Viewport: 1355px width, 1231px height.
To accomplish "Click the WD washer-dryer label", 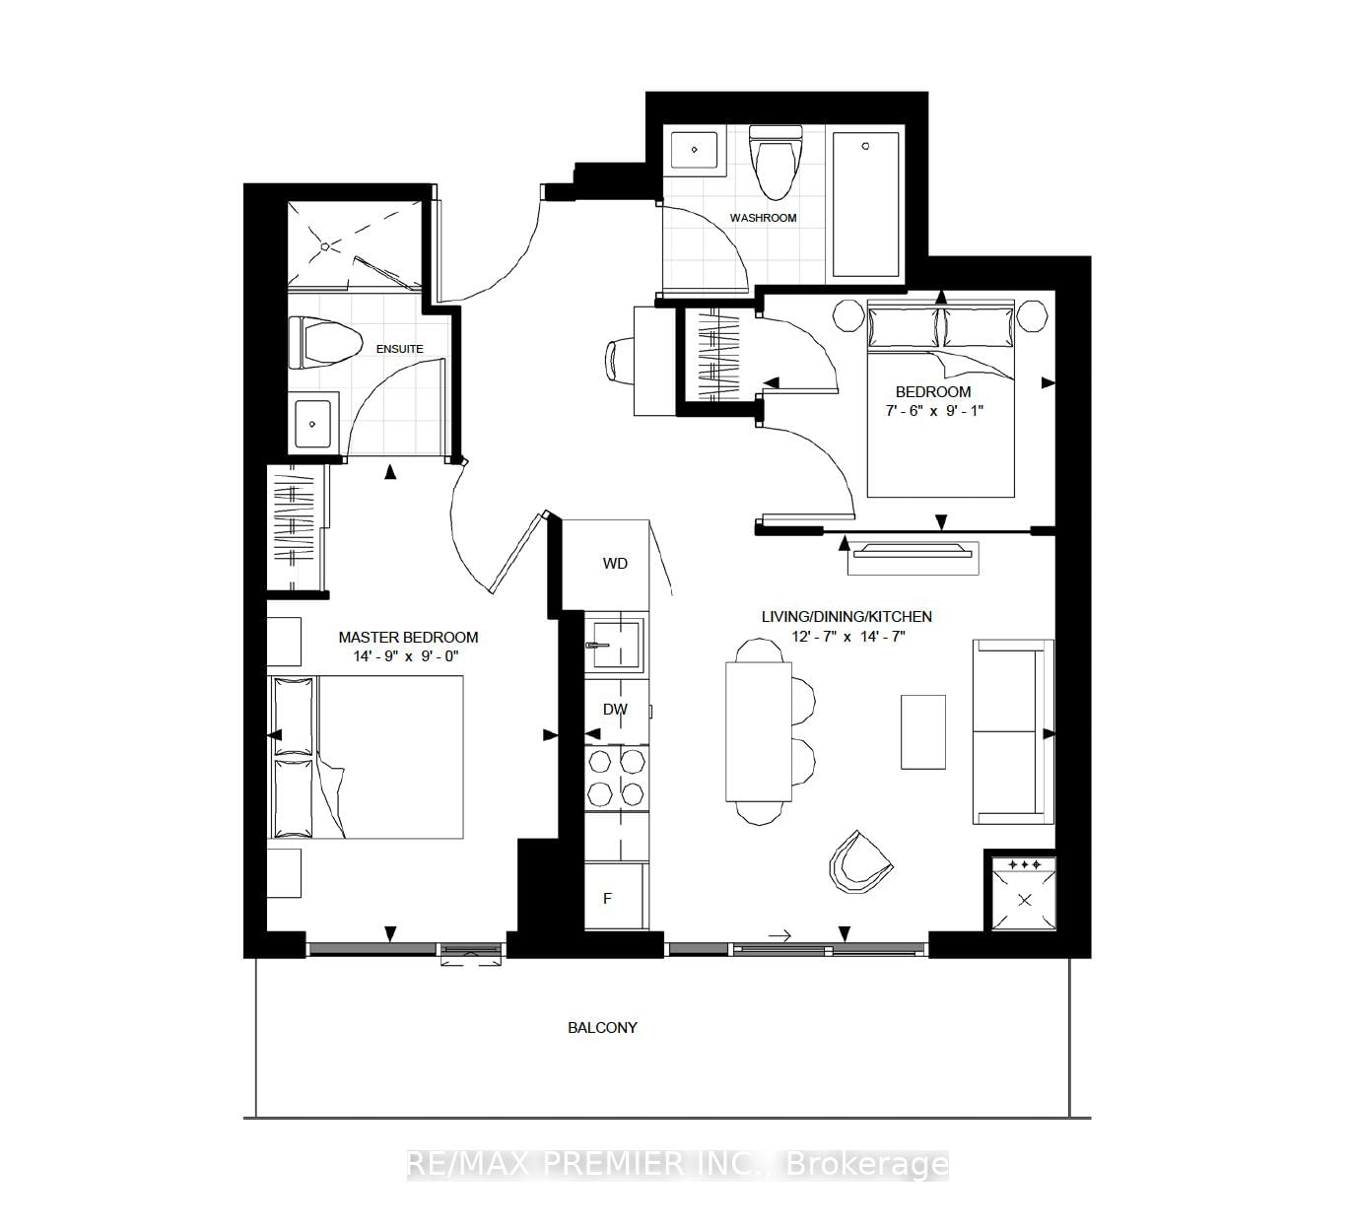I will pos(615,564).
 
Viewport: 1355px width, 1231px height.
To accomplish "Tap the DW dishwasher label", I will pos(615,710).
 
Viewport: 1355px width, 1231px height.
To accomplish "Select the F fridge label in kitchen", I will pos(608,898).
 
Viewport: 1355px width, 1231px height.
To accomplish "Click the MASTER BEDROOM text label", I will pos(408,638).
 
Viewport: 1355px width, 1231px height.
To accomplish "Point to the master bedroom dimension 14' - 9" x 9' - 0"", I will pos(408,656).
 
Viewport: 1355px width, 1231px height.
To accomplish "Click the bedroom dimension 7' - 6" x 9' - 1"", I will pos(932,410).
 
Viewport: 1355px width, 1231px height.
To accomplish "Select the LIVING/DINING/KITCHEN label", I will pos(847,617).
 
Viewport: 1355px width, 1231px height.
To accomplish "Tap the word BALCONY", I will pos(602,1027).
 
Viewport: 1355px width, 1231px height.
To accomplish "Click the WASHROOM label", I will pos(763,218).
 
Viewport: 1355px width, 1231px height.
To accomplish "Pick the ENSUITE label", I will pos(399,349).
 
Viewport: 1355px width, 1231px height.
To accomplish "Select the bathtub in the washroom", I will pos(865,205).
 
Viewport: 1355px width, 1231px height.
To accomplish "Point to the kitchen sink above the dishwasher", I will pos(613,646).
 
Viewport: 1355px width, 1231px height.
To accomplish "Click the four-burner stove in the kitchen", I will pos(617,777).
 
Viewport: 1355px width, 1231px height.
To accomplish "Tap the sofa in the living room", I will pos(1013,731).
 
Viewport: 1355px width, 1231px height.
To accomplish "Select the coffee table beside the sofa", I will pos(923,731).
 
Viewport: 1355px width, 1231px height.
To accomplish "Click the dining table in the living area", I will pos(758,731).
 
